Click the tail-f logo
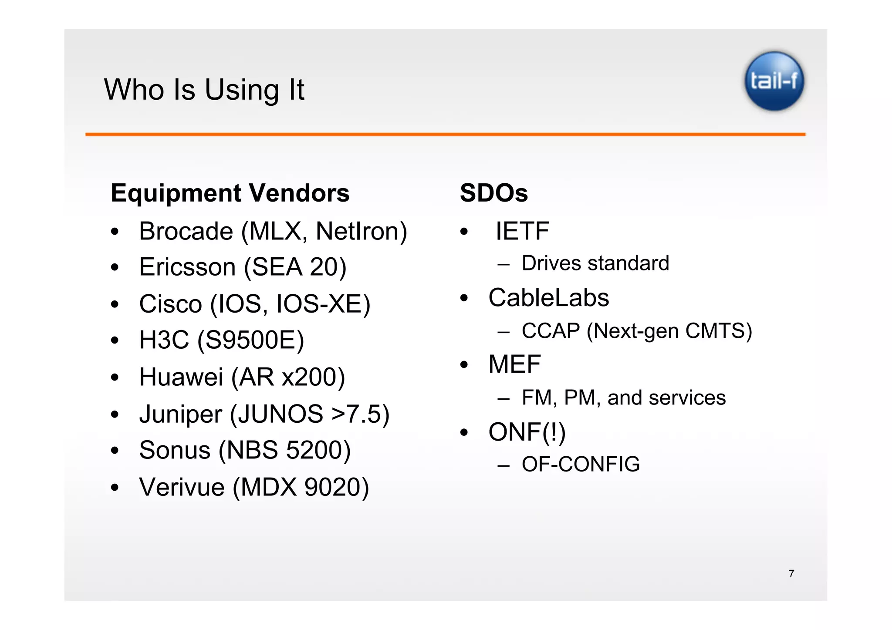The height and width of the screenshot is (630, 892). [x=774, y=81]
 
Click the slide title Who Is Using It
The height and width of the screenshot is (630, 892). [x=204, y=90]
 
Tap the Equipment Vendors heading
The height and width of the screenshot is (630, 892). [x=230, y=193]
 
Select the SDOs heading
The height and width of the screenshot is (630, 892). [x=493, y=193]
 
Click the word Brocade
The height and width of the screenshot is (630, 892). [x=186, y=231]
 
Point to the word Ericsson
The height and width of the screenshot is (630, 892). [x=187, y=267]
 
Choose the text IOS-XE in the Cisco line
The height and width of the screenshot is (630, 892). [x=323, y=304]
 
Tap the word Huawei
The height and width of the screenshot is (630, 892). [x=181, y=377]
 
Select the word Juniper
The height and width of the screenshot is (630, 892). [x=180, y=414]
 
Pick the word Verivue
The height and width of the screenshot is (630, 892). [x=182, y=487]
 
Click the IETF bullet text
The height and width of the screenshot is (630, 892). [x=522, y=231]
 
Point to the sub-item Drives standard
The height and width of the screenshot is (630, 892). [x=595, y=263]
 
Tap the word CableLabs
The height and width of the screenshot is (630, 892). [x=548, y=298]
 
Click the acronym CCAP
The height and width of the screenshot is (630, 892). [x=551, y=331]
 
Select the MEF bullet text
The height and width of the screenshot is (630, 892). [x=514, y=364]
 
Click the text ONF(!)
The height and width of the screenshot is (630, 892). [x=527, y=432]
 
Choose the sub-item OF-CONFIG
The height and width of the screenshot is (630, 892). [x=581, y=464]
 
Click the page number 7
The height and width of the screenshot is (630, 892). [x=791, y=574]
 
